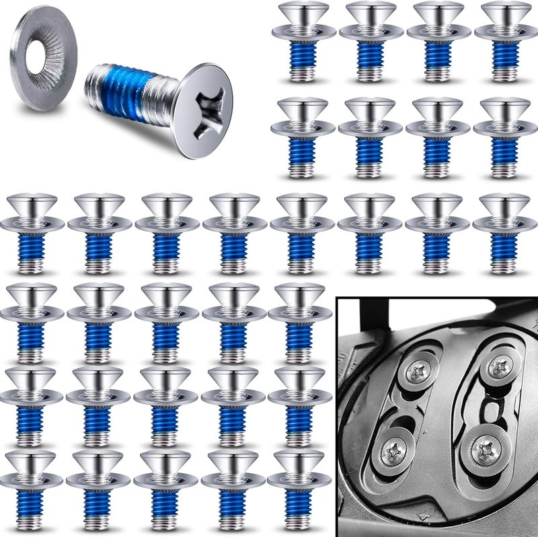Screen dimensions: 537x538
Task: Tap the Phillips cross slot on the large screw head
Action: tap(205, 110)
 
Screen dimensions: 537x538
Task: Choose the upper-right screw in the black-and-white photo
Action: tap(499, 366)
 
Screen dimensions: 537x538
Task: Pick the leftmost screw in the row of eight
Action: tap(32, 233)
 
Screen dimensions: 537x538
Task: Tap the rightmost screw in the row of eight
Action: tap(504, 233)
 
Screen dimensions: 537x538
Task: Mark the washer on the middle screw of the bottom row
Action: tap(165, 481)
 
